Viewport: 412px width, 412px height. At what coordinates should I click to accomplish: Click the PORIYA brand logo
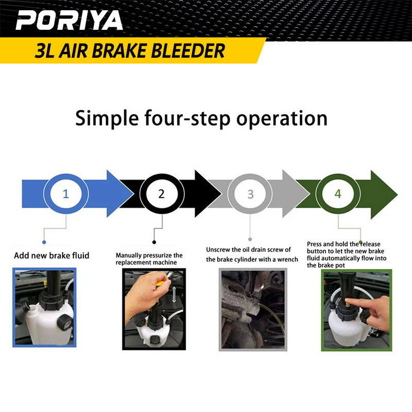click(x=69, y=21)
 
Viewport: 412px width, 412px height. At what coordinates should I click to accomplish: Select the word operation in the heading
click(x=282, y=118)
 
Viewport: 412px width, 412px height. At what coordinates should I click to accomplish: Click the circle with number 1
click(x=65, y=194)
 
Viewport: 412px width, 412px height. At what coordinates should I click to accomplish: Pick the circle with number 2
click(x=161, y=194)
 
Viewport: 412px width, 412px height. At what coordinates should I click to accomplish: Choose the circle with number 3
click(x=250, y=194)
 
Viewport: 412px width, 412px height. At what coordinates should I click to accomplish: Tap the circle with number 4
click(x=338, y=194)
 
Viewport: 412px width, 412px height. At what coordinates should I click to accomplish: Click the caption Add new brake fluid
click(x=51, y=255)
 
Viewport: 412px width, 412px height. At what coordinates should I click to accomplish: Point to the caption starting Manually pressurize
click(x=149, y=259)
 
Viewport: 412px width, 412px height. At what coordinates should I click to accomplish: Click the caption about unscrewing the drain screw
click(x=252, y=254)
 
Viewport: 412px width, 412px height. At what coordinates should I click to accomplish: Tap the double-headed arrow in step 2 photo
click(x=174, y=295)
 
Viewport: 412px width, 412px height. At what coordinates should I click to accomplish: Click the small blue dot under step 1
click(x=44, y=241)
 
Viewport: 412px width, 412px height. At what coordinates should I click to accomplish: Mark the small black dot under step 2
click(x=154, y=241)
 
